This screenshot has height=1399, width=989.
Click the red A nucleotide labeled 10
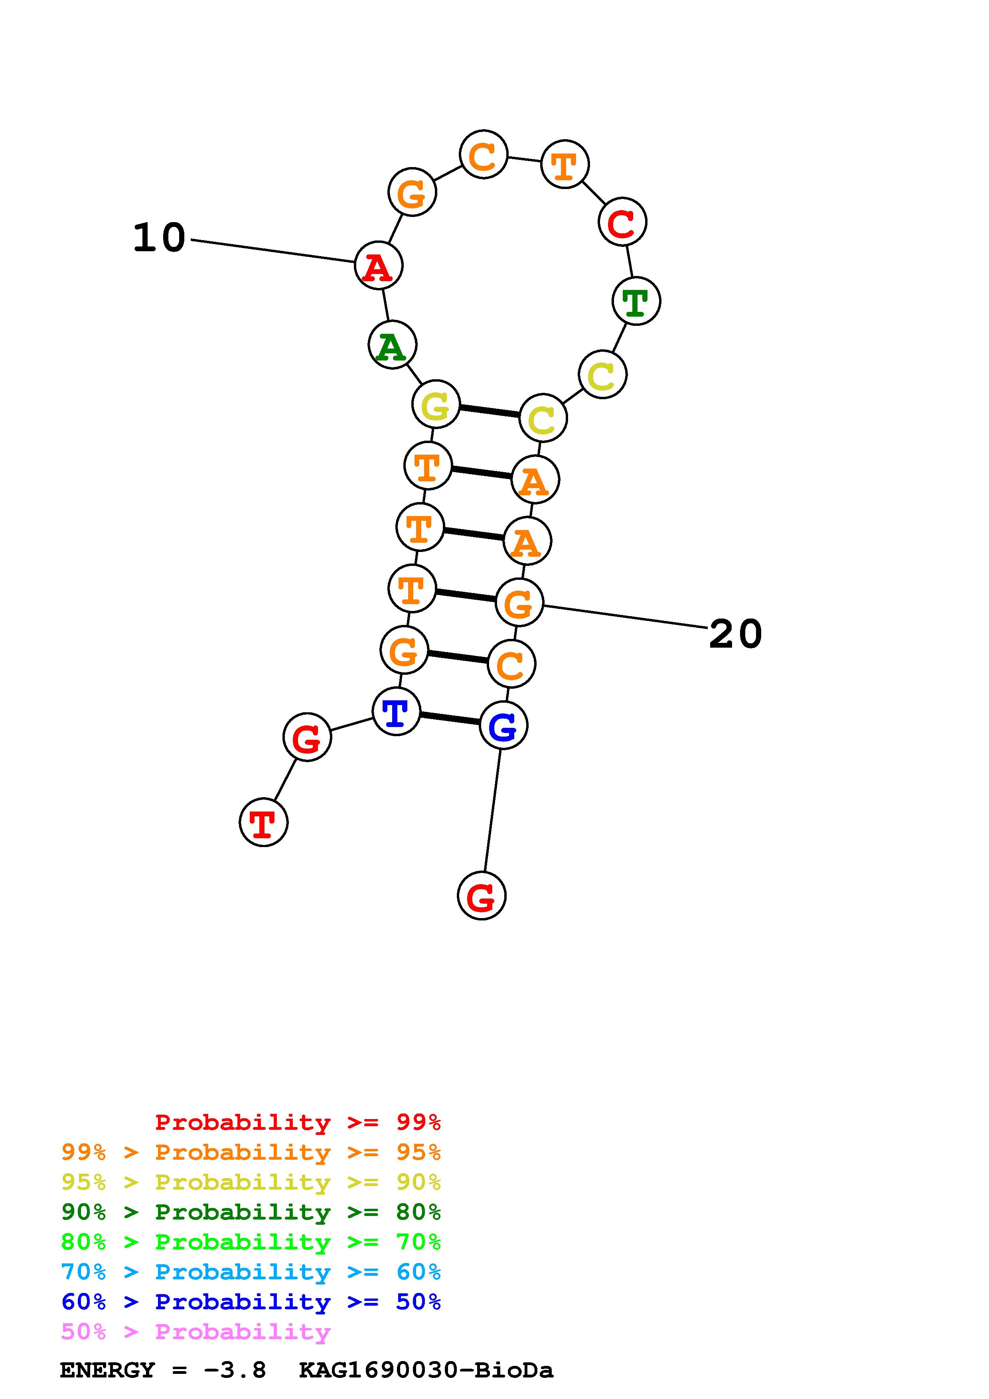click(379, 266)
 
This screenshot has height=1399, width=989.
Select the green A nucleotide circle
click(393, 345)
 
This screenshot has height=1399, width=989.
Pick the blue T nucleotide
click(396, 712)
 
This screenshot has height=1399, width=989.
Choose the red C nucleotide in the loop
click(622, 222)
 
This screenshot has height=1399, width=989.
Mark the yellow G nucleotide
click(436, 405)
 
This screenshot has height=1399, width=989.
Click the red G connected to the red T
click(307, 738)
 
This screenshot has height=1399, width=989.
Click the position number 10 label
click(159, 238)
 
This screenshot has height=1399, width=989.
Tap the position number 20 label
click(736, 634)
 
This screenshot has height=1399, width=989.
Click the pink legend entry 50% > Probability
click(195, 1332)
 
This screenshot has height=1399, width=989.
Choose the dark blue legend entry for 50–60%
click(251, 1302)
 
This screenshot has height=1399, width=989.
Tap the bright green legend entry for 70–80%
click(251, 1242)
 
